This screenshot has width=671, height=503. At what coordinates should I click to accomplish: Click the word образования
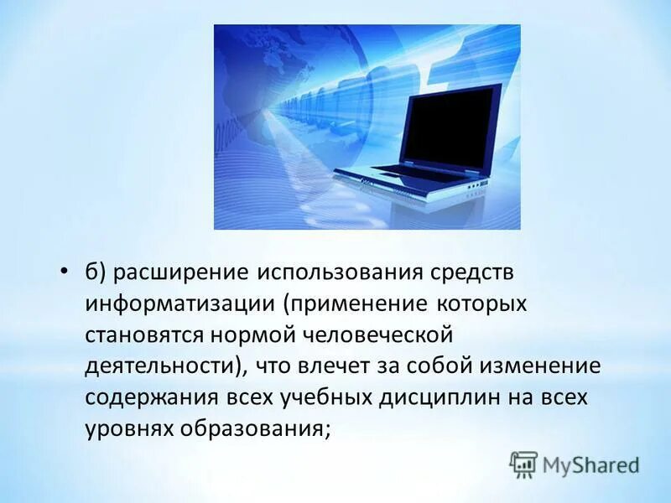click(x=252, y=428)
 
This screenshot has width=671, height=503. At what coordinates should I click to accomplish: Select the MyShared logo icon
click(x=523, y=464)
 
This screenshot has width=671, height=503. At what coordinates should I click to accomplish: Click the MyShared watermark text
click(x=590, y=464)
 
